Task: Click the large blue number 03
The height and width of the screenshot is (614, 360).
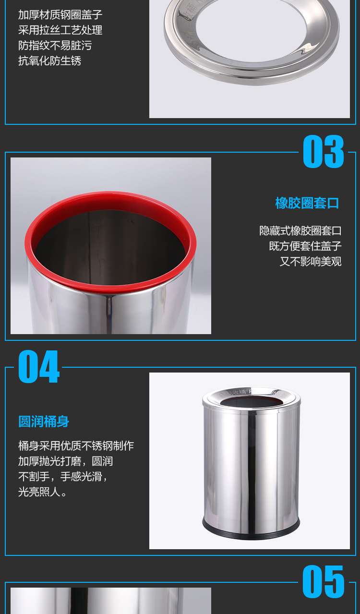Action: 324,151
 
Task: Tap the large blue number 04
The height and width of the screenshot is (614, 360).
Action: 38,366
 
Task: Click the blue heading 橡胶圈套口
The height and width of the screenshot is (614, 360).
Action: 307,203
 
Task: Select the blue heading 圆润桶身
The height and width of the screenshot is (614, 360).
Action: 44,421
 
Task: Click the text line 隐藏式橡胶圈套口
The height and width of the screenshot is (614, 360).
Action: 300,231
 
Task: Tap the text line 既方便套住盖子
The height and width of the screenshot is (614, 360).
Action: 305,246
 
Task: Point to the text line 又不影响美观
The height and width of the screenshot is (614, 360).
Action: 311,262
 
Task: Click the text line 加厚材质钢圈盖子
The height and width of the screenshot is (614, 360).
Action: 60,15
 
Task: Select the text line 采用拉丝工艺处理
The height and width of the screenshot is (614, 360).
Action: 60,30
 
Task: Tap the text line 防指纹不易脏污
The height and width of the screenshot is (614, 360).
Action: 55,46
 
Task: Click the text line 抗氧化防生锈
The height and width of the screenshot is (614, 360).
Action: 49,61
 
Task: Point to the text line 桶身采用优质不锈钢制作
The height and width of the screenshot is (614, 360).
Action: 76,446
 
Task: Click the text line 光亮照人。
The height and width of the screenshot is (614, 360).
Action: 42,492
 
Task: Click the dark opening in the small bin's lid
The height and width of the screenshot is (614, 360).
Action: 251,402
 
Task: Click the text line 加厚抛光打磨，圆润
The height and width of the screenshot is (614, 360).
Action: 65,461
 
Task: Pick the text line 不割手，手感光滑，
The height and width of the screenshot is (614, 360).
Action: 63,477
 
